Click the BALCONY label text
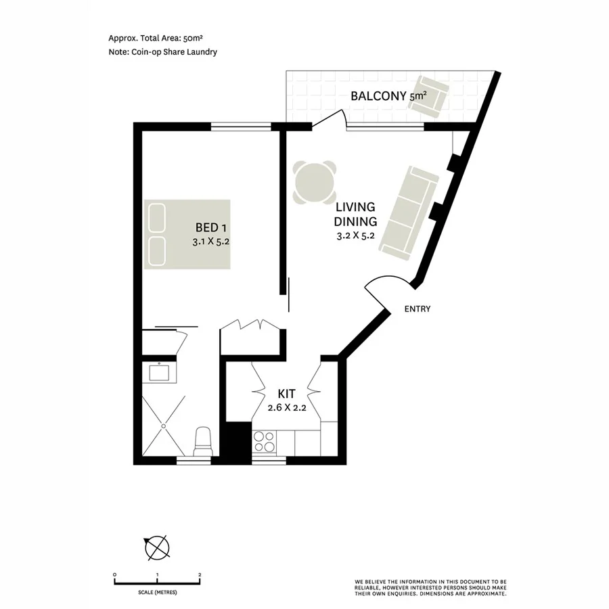(x=378, y=96)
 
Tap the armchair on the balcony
(x=430, y=94)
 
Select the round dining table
(x=315, y=181)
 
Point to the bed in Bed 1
(x=187, y=234)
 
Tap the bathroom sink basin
(x=160, y=372)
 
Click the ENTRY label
(x=417, y=309)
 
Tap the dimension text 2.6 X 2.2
(x=288, y=407)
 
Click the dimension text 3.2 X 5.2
(x=356, y=236)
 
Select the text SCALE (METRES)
(x=156, y=592)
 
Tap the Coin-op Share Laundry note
(x=162, y=52)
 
